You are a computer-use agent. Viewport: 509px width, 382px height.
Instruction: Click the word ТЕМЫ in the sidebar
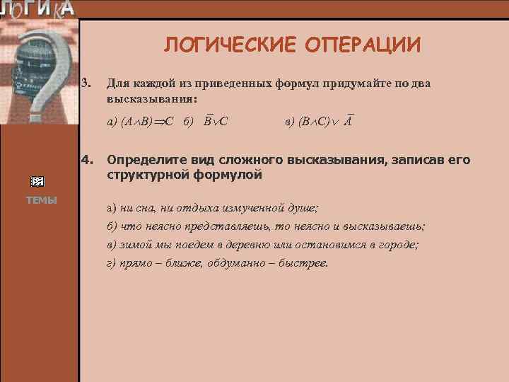42,200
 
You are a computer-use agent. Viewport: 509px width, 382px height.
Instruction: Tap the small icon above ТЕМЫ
40,182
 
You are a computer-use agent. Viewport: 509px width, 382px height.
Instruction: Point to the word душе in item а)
303,209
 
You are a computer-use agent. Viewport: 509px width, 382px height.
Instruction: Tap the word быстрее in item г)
305,263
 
